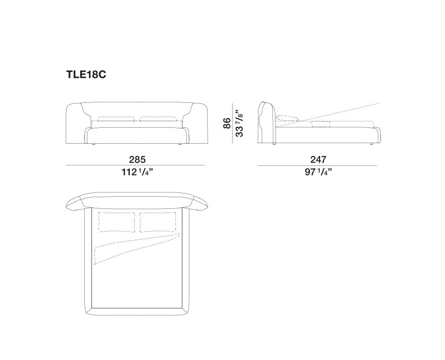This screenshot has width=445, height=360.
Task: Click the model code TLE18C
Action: pos(86,74)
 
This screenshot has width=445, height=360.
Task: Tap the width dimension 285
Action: pos(137,160)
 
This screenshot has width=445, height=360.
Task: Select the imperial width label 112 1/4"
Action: pos(137,172)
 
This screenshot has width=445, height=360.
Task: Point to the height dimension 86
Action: pos(227,123)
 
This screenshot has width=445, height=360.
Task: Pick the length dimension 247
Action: pos(318,160)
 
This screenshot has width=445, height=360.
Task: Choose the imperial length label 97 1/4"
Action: pos(318,172)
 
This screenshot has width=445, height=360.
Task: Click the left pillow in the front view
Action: pos(116,119)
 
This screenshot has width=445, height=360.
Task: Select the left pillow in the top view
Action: pos(117,222)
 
